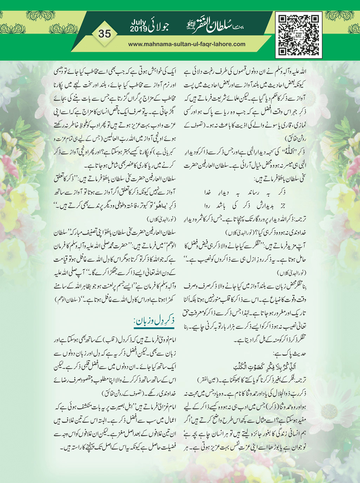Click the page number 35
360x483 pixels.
[x=105, y=34]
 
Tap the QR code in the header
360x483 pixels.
[x=299, y=35]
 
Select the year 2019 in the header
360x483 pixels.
[x=139, y=29]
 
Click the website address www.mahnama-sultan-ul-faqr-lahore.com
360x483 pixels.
[x=187, y=44]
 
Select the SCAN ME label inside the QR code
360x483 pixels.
[x=299, y=35]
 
